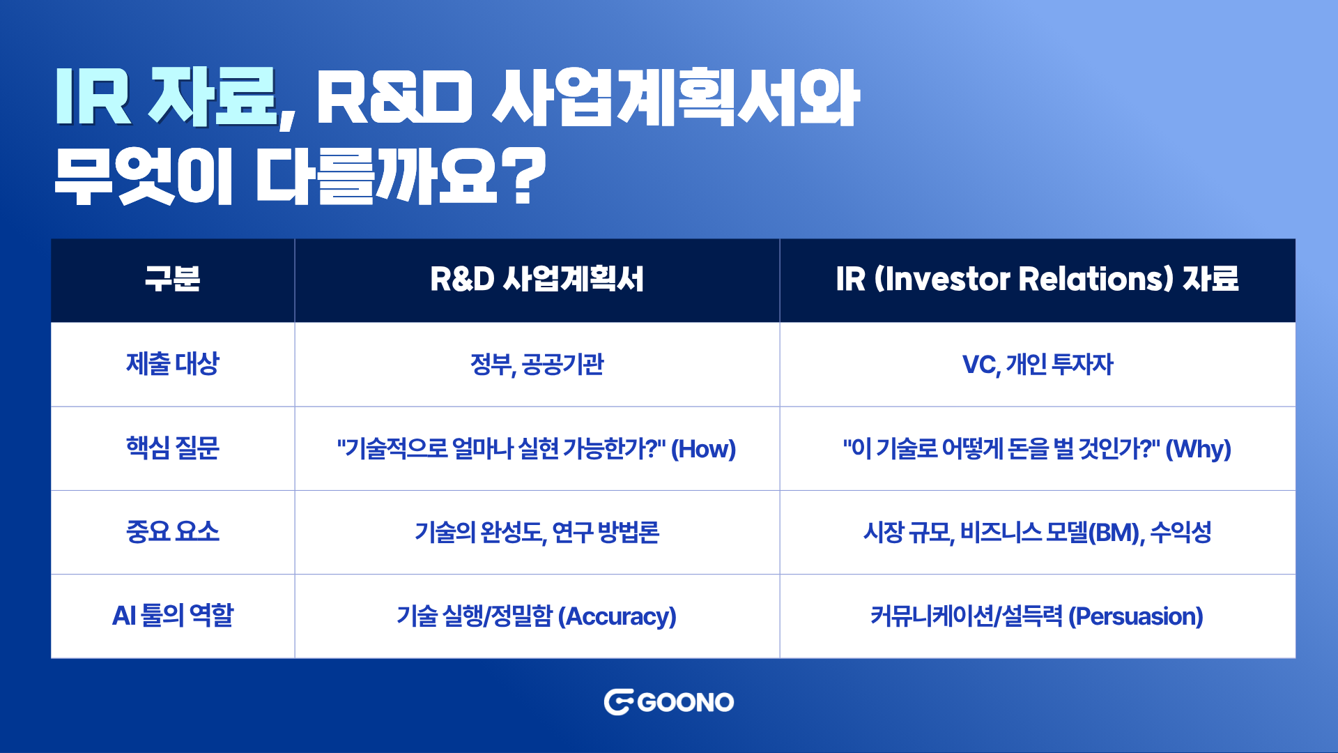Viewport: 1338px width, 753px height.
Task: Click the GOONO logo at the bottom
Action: click(669, 702)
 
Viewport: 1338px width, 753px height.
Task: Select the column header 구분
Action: click(172, 279)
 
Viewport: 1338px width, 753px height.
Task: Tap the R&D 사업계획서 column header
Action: click(537, 279)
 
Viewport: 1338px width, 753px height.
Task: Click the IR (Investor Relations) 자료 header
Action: click(1037, 279)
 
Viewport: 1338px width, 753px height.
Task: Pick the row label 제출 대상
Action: click(172, 364)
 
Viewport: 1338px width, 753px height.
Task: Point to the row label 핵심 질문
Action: click(172, 448)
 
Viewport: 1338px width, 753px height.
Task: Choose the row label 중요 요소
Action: click(172, 532)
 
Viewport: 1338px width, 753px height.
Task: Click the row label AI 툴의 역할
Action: click(172, 616)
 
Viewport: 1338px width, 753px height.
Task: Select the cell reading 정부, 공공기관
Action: click(537, 365)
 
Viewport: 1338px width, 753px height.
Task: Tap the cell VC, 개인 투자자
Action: click(1038, 365)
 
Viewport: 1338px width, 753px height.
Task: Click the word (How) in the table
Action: click(703, 449)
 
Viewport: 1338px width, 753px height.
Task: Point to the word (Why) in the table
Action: click(1199, 449)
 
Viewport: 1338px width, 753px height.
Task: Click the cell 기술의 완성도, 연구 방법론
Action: click(537, 533)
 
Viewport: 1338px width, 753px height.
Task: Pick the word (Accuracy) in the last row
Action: click(617, 616)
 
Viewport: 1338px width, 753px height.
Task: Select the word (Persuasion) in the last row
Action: click(1136, 616)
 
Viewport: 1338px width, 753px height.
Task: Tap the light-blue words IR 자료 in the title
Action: click(167, 98)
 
